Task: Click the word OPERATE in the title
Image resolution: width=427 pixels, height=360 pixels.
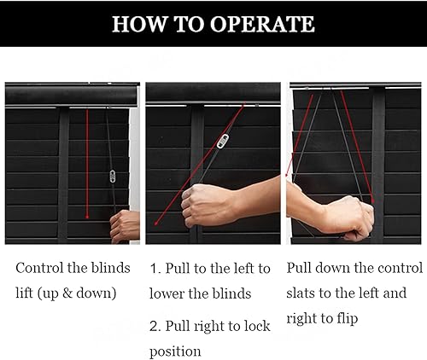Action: point(262,24)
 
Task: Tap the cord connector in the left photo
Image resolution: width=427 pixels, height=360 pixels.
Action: point(113,177)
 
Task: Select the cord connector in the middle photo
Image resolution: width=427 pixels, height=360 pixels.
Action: point(223,142)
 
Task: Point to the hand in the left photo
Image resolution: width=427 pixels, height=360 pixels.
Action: point(125,226)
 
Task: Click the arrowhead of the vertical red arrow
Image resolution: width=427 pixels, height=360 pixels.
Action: point(87,217)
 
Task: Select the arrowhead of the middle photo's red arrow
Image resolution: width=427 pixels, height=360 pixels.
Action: point(156,223)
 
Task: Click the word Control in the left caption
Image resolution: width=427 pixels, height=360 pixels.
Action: point(39,268)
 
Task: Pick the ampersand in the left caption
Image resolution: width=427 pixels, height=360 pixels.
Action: point(67,293)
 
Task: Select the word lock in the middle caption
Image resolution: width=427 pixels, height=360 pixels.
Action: point(256,326)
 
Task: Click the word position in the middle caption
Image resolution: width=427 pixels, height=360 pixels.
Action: point(175,351)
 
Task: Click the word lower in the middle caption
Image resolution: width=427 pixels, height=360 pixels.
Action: point(167,293)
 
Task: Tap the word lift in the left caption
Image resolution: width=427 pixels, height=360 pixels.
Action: point(25,293)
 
